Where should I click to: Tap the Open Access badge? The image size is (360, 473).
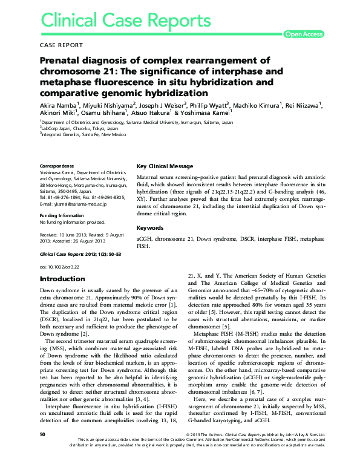pyautogui.click(x=303, y=34)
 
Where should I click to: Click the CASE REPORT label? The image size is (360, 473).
pyautogui.click(x=61, y=45)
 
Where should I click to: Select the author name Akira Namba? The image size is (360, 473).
pyautogui.click(x=58, y=105)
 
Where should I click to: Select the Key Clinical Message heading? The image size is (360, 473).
pyautogui.click(x=165, y=166)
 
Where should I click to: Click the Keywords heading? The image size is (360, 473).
pyautogui.click(x=150, y=228)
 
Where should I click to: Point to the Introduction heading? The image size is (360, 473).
pyautogui.click(x=62, y=279)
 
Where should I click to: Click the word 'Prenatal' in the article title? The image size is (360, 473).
pyautogui.click(x=60, y=60)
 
